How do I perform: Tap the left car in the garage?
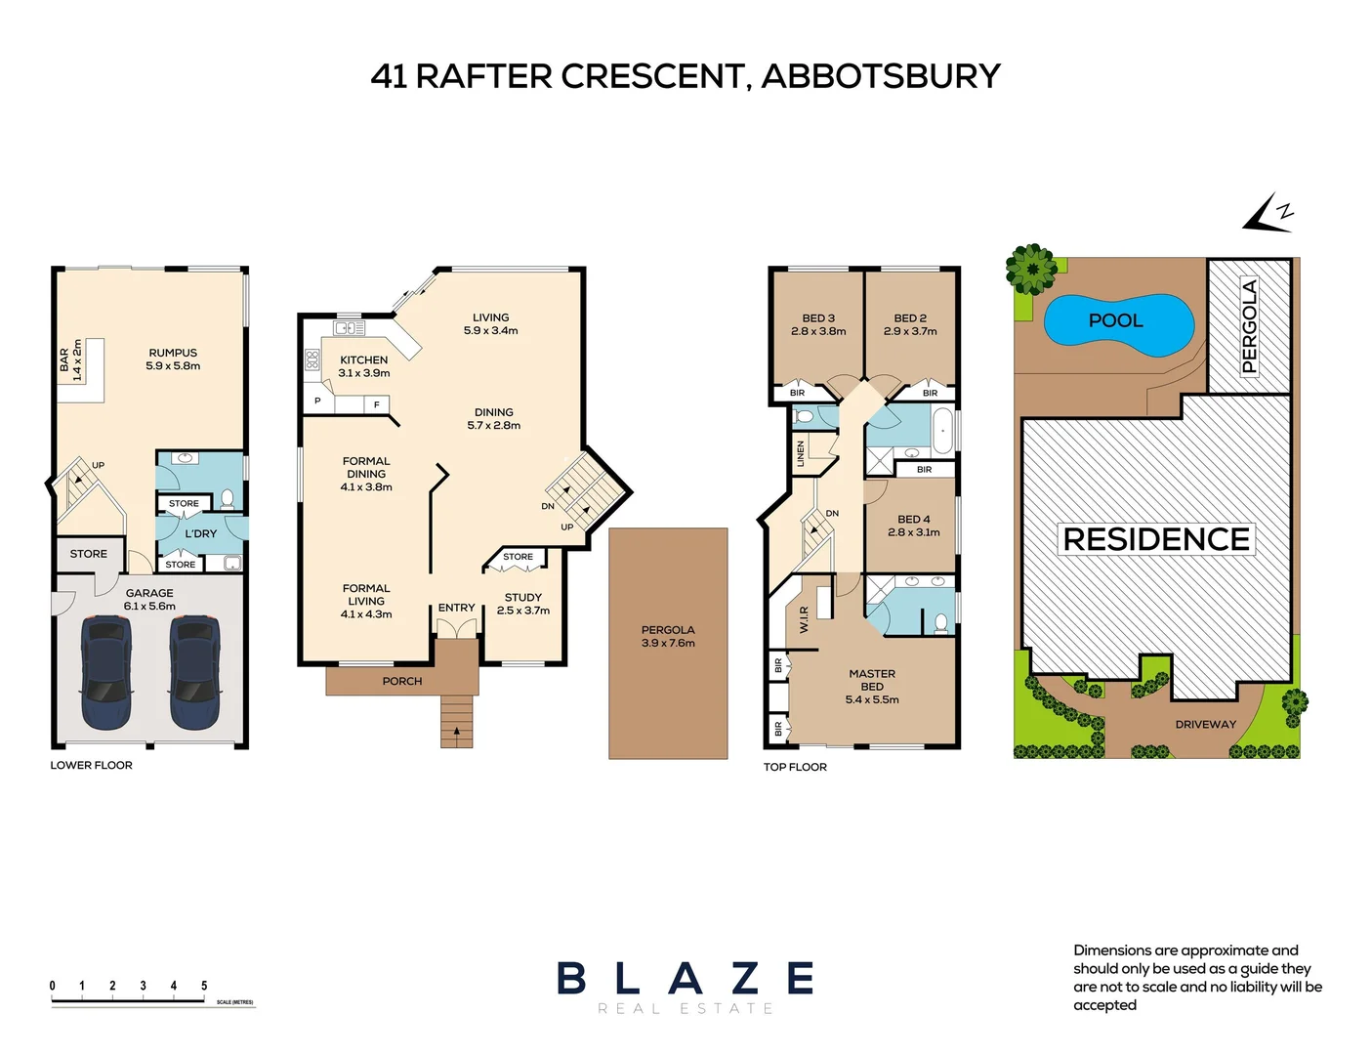(106, 672)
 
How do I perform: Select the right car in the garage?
(194, 672)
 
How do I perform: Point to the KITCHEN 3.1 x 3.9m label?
(364, 366)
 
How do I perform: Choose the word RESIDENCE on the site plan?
(1156, 539)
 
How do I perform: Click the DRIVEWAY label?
(1205, 725)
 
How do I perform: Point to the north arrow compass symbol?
(1269, 214)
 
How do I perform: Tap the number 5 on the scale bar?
(204, 986)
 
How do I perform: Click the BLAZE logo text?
(686, 979)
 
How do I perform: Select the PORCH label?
(402, 681)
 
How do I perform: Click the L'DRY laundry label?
(201, 533)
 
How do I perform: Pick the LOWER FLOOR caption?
(91, 765)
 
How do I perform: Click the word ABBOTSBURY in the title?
(881, 76)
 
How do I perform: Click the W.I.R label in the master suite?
(805, 619)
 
